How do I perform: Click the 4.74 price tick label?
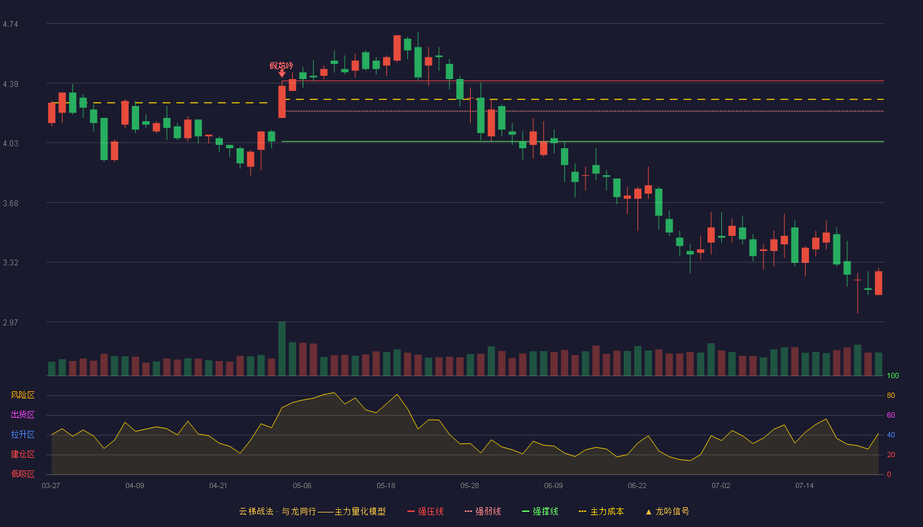[11, 24]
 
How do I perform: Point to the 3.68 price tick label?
[11, 204]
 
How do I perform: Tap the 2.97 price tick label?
[11, 322]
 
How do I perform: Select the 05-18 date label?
[386, 486]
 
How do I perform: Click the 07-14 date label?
[804, 486]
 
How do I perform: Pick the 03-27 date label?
[51, 486]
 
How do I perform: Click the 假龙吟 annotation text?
[282, 65]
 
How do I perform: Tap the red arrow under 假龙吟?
[282, 74]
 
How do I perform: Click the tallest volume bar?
[282, 348]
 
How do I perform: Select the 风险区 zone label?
[22, 395]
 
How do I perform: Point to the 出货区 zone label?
[22, 414]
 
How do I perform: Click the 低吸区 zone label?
[22, 474]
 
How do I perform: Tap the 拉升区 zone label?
[22, 434]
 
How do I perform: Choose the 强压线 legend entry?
[425, 511]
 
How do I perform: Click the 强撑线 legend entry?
[540, 511]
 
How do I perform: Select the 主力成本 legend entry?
[601, 511]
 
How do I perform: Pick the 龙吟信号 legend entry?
[667, 511]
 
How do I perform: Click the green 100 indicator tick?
[893, 375]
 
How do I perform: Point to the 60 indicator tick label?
[891, 415]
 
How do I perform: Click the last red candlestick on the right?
[878, 283]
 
